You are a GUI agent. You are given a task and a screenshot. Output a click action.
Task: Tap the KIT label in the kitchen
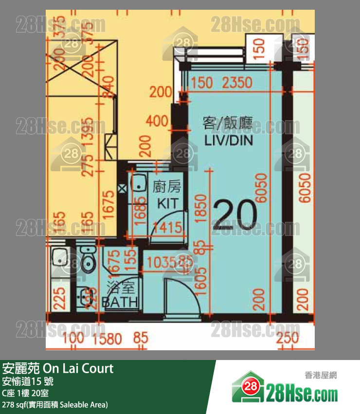(167, 202)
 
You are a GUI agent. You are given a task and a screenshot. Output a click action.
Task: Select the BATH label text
(120, 302)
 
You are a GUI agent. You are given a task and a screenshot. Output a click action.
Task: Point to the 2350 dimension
(237, 83)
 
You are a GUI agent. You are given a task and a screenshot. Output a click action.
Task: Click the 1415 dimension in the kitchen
(167, 227)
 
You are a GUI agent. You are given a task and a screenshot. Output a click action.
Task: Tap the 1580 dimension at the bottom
(106, 338)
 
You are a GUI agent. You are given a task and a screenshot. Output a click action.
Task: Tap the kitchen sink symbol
(140, 184)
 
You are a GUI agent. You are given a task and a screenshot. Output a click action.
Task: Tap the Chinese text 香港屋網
(321, 375)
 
